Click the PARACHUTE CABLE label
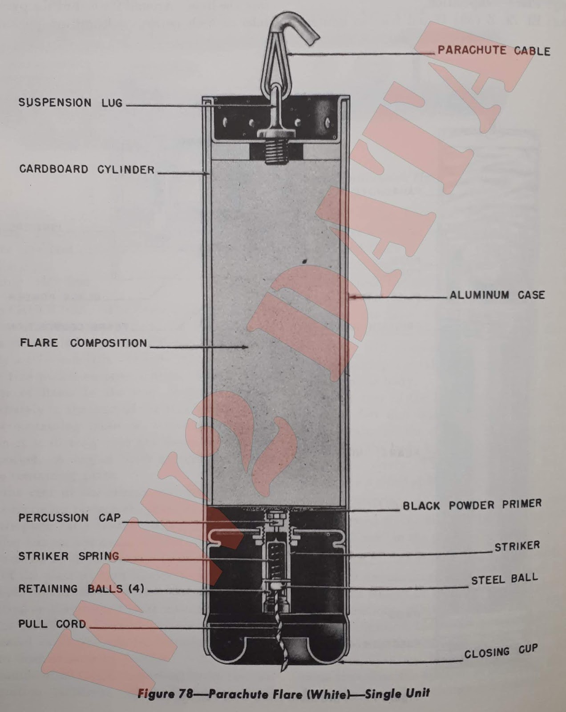pyautogui.click(x=493, y=50)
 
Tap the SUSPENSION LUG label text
pyautogui.click(x=70, y=103)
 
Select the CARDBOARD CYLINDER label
pyautogui.click(x=87, y=170)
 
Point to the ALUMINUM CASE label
pyautogui.click(x=497, y=295)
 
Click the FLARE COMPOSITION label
pyautogui.click(x=83, y=343)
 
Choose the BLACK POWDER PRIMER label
pyautogui.click(x=472, y=505)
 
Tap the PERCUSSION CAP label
pyautogui.click(x=69, y=518)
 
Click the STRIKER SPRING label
pyautogui.click(x=69, y=556)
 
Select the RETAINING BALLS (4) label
pyautogui.click(x=81, y=589)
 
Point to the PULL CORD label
pyautogui.click(x=52, y=624)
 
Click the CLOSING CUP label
pyautogui.click(x=501, y=652)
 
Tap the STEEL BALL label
pyautogui.click(x=504, y=579)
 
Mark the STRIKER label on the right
pyautogui.click(x=517, y=546)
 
